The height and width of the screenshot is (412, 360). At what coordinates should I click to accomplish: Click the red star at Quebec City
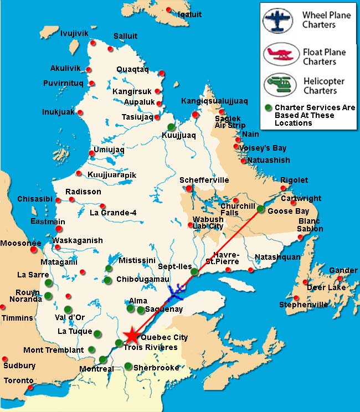(132, 336)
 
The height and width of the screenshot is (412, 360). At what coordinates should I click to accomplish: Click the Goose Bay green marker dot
(260, 209)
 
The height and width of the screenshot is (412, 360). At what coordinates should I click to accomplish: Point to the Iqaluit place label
(190, 14)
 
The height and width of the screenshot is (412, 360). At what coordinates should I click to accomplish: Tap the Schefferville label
(204, 180)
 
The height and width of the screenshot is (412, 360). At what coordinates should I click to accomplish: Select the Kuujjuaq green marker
(172, 127)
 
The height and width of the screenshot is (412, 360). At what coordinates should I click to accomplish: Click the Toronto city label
(19, 381)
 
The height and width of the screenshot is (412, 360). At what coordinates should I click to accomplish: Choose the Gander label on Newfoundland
(343, 270)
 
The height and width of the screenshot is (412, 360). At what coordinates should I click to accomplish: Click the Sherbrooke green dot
(128, 366)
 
